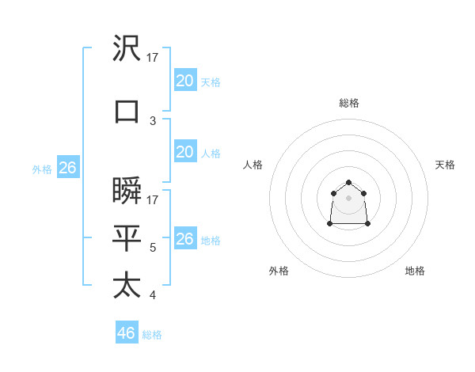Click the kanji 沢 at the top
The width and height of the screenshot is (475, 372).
pos(127,49)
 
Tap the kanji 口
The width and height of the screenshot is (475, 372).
pos(127,111)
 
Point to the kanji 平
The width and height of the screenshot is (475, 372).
pos(127,238)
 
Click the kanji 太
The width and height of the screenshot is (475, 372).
pos(127,286)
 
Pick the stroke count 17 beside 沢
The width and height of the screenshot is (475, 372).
pos(153,57)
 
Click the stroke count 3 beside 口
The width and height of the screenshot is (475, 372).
pos(153,120)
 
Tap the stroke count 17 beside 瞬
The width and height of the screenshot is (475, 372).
pos(153,200)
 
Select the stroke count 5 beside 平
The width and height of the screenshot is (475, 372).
pos(153,248)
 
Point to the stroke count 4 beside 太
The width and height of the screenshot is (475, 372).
pos(153,295)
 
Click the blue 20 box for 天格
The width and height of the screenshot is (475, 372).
pos(184,81)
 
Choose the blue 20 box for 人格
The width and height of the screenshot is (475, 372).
pos(184,152)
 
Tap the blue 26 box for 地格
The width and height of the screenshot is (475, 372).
pos(184,239)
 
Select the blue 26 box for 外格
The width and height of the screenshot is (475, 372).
pos(67,168)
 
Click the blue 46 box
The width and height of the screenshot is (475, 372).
pos(126,333)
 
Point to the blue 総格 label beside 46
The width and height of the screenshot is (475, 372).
pos(152,335)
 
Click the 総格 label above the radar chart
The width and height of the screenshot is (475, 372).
pos(349,103)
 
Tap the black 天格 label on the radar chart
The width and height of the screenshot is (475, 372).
pos(445,165)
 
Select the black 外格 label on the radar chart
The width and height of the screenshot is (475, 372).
pos(279,271)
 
